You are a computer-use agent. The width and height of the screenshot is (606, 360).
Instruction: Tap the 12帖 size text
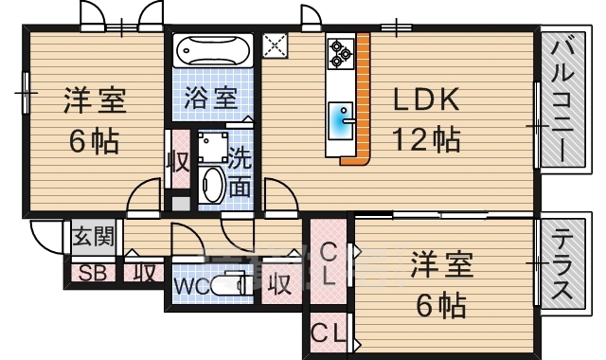(426, 139)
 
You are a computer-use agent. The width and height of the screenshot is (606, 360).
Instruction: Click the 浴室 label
(210, 99)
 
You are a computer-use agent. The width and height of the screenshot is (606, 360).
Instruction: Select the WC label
(189, 286)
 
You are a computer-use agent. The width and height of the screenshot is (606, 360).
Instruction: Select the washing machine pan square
(211, 147)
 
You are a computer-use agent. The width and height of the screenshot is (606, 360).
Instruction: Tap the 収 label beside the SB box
(143, 275)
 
